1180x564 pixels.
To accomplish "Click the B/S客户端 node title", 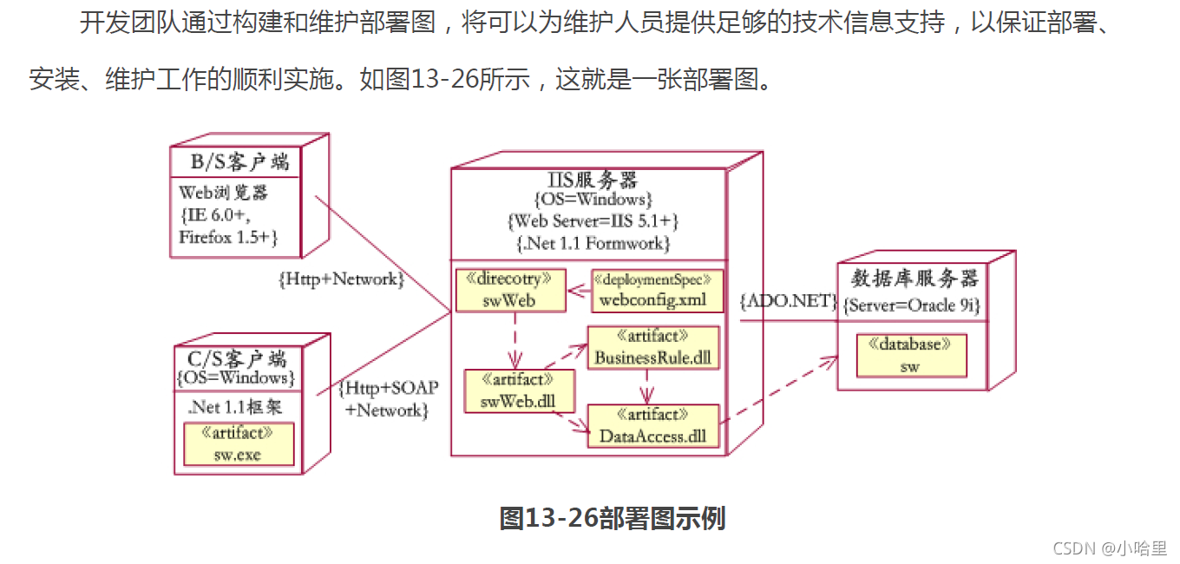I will (240, 162).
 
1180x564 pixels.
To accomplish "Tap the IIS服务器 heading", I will (593, 180).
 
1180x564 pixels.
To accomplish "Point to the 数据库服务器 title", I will (914, 279).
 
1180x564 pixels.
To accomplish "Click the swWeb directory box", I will (510, 291).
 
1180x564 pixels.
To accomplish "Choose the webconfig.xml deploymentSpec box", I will (657, 291).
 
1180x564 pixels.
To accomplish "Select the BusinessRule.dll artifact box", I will (653, 348).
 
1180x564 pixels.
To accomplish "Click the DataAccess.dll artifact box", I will (653, 426).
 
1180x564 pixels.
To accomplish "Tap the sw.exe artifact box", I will (238, 444).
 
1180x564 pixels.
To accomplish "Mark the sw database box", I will (910, 356).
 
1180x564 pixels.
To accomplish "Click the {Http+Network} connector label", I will (341, 279).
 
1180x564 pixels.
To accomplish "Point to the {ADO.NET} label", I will (788, 302).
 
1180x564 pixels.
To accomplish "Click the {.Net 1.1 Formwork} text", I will (593, 243).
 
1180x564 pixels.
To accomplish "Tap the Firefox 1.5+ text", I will (228, 237).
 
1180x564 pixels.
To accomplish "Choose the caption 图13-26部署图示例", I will (613, 518).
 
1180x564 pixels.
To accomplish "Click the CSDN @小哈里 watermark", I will (1110, 548).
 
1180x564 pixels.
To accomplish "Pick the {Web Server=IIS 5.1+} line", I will (593, 221).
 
